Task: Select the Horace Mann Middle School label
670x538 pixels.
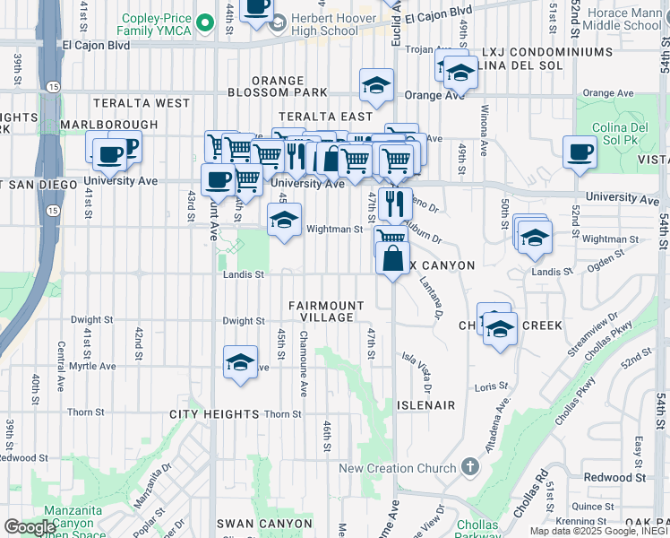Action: point(623,18)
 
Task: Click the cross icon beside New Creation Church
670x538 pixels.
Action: point(469,467)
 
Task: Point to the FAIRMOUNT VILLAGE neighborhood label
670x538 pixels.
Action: point(326,312)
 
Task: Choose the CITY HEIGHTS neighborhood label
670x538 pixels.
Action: point(214,414)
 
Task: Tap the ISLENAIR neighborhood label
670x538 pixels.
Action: point(424,405)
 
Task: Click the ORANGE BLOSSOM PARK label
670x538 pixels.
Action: point(278,86)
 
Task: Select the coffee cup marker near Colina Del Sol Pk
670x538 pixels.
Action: point(580,151)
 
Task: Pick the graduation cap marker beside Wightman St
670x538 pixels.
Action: point(284,219)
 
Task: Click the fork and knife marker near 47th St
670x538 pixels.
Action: point(394,203)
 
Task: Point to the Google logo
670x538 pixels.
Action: point(30,527)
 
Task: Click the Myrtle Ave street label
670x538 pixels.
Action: point(93,366)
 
